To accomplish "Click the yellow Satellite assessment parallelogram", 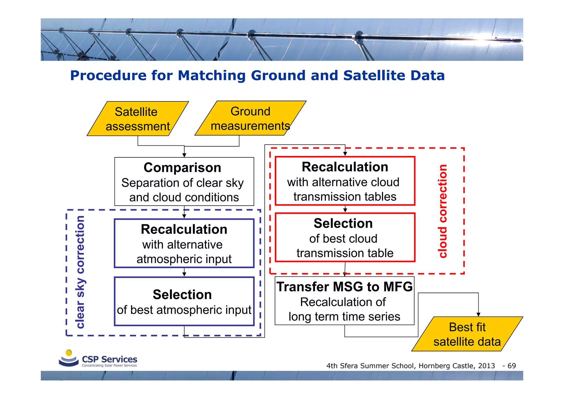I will pos(138,119).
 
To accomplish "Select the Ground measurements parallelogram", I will pos(250,118).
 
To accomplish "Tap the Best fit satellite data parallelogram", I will pos(467,334).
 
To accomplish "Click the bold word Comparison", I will pos(182,168).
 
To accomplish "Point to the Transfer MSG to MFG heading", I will pos(345,287).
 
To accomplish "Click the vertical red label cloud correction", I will pos(443,211).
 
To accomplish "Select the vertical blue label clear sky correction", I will pos(80,272).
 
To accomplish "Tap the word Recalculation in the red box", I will pos(345,167).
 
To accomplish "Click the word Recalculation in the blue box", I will pos(184,230).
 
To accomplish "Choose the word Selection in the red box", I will pos(343,223).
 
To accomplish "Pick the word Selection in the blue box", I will pos(182,295).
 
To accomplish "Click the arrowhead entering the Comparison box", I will pos(184,155).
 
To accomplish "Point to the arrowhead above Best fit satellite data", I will pos(478,315).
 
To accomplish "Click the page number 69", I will pos(512,366).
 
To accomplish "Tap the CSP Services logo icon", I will pos(69,358).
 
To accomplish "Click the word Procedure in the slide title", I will pos(108,76).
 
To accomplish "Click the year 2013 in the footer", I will pos(486,366).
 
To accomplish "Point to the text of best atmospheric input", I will pos(184,310).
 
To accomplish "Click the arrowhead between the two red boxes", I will pos(345,210).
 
